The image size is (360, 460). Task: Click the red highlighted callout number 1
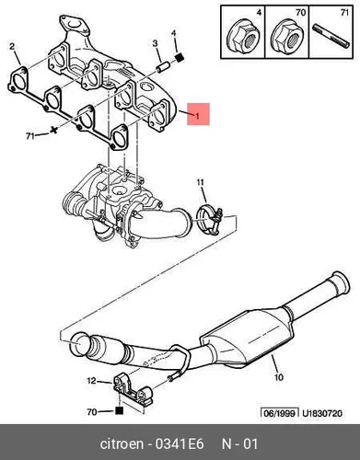[198, 116]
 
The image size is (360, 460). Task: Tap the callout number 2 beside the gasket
[12, 46]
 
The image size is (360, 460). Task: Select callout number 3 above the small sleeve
[155, 43]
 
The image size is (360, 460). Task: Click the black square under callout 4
[179, 57]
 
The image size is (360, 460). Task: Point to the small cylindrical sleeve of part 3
[163, 67]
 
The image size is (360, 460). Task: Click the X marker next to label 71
[54, 130]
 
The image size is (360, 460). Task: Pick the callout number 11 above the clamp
[200, 183]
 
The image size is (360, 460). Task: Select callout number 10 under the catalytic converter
[279, 376]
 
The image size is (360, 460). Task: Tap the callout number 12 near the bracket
[92, 381]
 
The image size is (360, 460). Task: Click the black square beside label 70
[119, 410]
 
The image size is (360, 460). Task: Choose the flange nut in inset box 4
[242, 38]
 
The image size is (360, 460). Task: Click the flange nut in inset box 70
[287, 38]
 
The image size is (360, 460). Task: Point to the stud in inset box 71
[331, 36]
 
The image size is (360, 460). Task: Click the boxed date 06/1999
[280, 413]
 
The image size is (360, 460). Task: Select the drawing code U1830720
[322, 413]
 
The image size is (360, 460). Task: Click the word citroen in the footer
[122, 444]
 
